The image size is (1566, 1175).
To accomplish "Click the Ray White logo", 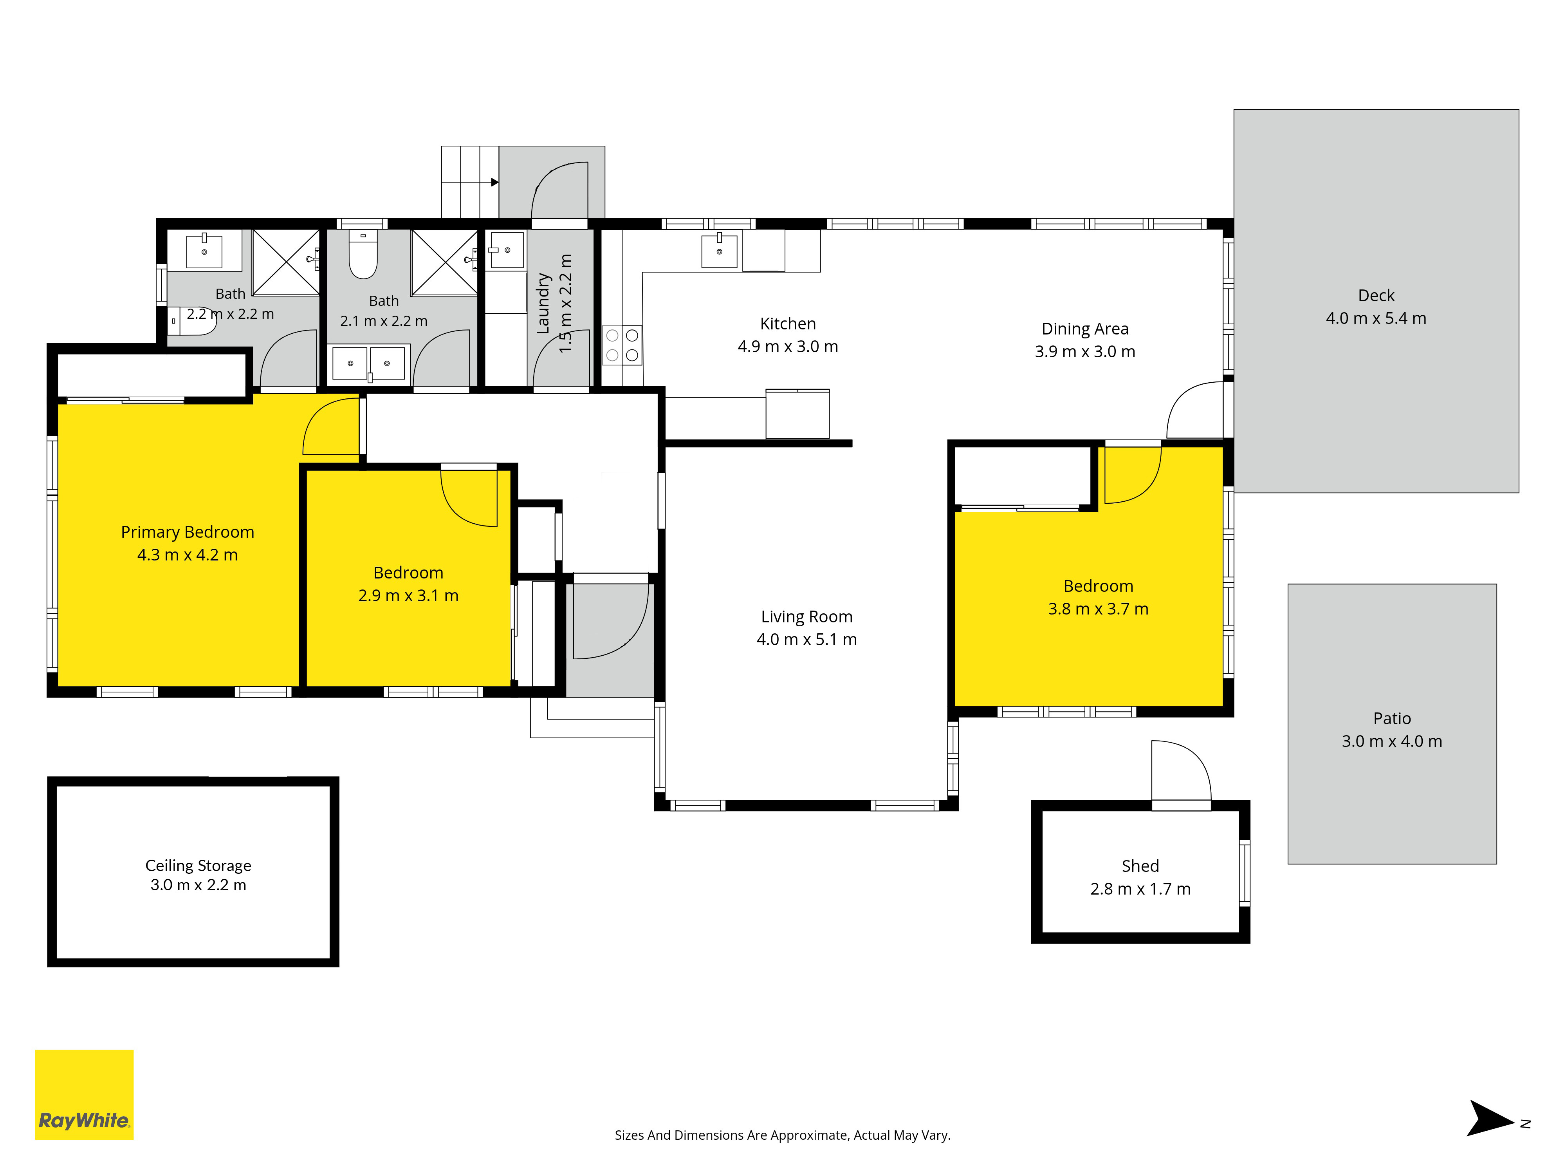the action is coord(84,1094).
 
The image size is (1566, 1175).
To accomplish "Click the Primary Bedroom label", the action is coord(188,532).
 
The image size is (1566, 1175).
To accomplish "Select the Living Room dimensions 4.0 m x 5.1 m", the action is coord(806,640).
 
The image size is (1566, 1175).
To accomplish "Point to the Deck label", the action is coord(1376,295).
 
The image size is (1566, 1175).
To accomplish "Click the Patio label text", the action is coord(1392,718).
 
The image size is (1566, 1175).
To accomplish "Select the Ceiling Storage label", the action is coord(198,866).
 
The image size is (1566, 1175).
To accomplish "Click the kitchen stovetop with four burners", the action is coord(622,345).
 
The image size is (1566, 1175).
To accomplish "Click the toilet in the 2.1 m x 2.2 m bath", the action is coord(363,254).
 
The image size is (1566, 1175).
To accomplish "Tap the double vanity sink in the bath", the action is coord(369,363).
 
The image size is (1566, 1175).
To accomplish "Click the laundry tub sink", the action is coord(507,250).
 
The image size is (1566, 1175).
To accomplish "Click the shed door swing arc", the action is coord(1181,770).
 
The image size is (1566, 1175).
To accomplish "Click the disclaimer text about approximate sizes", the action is coord(782,1135).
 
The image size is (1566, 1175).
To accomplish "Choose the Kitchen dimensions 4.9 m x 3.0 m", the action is coord(788,346).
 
